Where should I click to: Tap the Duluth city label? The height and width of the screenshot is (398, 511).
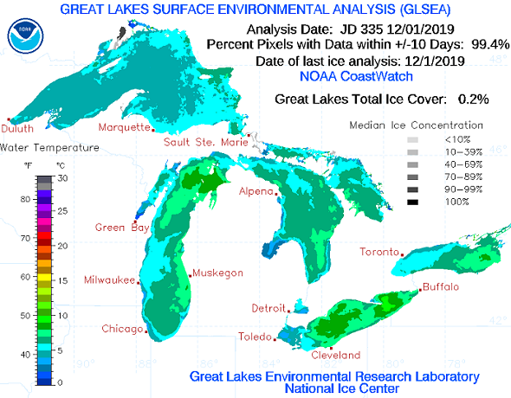pos(18,129)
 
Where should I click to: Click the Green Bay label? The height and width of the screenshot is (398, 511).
pos(116,228)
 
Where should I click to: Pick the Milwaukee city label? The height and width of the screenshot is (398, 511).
pos(110,280)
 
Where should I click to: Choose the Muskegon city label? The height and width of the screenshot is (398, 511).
pos(217,273)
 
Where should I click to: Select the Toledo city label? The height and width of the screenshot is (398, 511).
pos(255,337)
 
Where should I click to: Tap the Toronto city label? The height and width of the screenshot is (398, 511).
pos(380,253)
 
